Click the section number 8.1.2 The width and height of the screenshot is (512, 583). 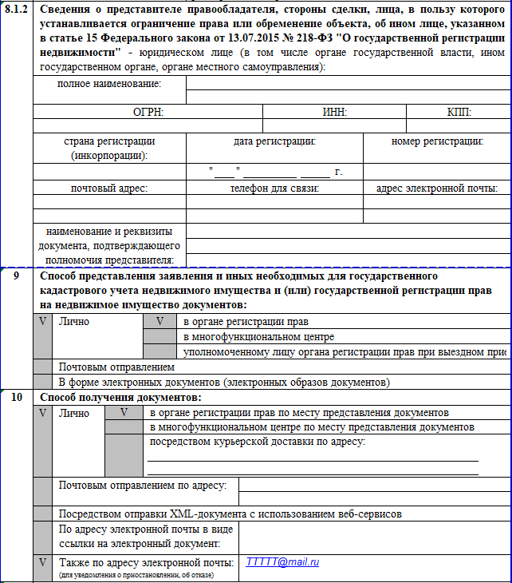pyautogui.click(x=16, y=10)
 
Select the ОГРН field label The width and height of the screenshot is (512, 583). pyautogui.click(x=148, y=113)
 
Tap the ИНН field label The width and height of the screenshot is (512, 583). pyautogui.click(x=335, y=113)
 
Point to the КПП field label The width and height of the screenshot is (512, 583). pyautogui.click(x=460, y=113)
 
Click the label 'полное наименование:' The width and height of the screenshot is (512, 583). pyautogui.click(x=109, y=84)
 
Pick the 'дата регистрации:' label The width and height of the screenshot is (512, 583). pyautogui.click(x=274, y=141)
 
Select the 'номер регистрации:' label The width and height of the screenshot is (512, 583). pyautogui.click(x=437, y=141)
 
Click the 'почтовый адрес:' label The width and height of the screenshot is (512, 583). pyautogui.click(x=109, y=188)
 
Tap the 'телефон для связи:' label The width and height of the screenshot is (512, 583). pyautogui.click(x=274, y=188)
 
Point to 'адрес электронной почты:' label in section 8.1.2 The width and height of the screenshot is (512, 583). pyautogui.click(x=437, y=188)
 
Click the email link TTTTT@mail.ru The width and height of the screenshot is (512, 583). pyautogui.click(x=282, y=562)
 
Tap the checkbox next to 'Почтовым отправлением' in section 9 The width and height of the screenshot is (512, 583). pyautogui.click(x=43, y=367)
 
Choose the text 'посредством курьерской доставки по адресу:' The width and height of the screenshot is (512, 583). pyautogui.click(x=253, y=442)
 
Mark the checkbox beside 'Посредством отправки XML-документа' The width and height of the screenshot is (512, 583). pyautogui.click(x=43, y=513)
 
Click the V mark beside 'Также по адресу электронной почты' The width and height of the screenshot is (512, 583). pyautogui.click(x=43, y=562)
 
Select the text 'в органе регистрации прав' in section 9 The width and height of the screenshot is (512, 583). pyautogui.click(x=246, y=322)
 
